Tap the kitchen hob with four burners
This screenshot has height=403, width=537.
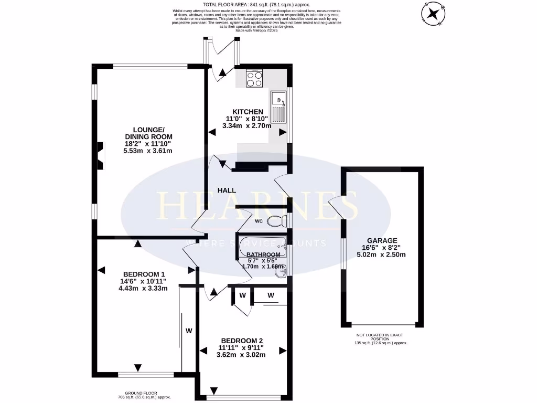pos(255,79)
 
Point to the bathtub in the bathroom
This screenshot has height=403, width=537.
pos(260,245)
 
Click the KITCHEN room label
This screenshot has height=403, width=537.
pos(248,112)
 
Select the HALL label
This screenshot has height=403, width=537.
pos(227,190)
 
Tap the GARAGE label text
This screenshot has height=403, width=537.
pos(381,240)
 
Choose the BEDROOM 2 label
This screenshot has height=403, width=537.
pos(242,340)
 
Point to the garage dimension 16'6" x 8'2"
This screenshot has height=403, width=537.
pos(381,248)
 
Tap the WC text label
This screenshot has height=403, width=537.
pos(259,221)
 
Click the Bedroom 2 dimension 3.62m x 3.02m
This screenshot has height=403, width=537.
pos(242,354)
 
